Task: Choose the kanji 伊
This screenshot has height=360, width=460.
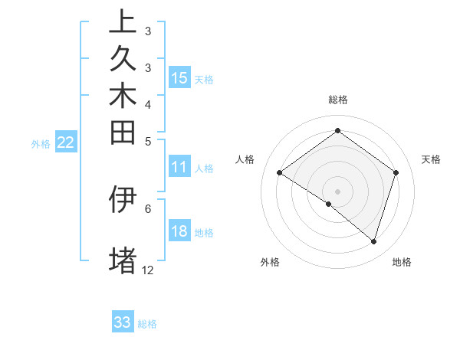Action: click(123, 199)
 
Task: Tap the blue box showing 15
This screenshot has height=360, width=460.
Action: click(179, 78)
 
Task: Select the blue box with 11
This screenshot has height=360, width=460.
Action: click(179, 168)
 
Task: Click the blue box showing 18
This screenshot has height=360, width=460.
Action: click(179, 232)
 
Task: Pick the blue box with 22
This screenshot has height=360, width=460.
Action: click(66, 142)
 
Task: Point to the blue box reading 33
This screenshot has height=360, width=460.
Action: click(123, 322)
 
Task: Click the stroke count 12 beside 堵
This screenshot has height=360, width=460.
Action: click(148, 270)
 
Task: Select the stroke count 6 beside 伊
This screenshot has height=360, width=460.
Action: click(148, 208)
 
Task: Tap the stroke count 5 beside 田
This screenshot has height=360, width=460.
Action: click(148, 141)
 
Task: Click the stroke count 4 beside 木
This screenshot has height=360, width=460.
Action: click(148, 104)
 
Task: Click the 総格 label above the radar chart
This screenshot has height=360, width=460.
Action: click(337, 100)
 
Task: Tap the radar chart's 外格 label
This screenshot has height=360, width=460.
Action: click(270, 263)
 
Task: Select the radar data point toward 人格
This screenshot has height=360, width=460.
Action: click(280, 173)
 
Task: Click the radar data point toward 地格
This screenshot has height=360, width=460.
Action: click(373, 241)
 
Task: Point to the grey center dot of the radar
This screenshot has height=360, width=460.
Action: click(337, 191)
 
